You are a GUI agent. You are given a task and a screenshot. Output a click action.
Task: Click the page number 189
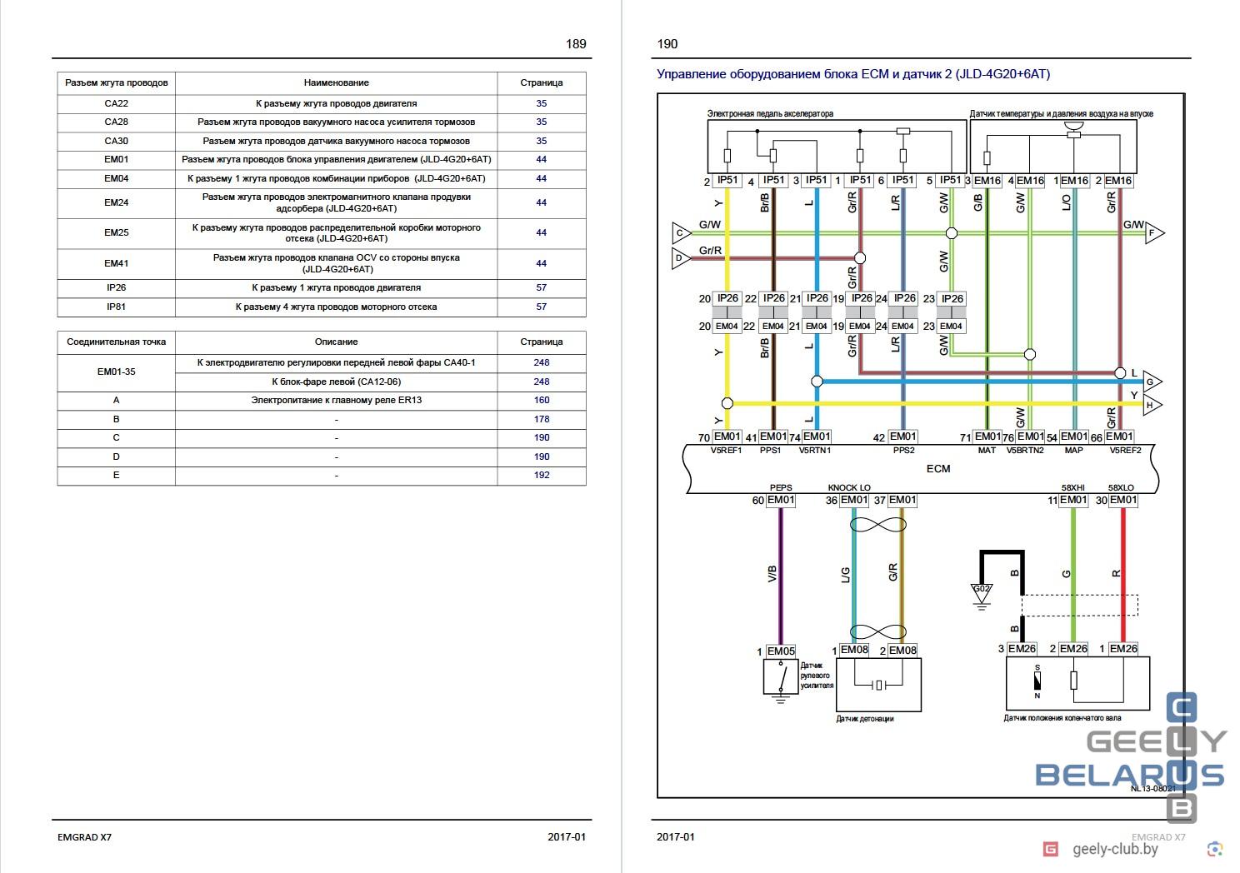pos(576,43)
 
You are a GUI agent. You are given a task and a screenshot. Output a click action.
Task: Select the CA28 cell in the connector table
pos(117,122)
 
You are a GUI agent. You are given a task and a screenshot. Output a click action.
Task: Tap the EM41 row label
pos(117,263)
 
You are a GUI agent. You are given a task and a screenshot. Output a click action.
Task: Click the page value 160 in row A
pos(542,400)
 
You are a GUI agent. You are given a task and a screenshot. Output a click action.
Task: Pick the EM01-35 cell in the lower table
pos(117,372)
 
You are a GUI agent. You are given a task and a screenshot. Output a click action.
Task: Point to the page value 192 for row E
pos(542,475)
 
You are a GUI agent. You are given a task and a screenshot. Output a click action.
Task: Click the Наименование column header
pos(336,83)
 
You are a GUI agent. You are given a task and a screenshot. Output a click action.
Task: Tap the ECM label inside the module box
pos(938,469)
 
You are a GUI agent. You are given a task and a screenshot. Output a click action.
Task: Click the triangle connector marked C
pos(681,233)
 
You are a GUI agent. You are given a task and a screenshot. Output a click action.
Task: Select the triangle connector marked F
pos(1153,233)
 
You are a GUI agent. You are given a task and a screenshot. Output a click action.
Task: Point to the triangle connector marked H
pos(1152,405)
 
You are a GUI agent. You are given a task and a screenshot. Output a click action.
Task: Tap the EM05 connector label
pos(781,651)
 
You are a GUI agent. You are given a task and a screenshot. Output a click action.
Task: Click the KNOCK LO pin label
pos(849,488)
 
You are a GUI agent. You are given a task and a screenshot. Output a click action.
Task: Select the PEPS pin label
pos(781,488)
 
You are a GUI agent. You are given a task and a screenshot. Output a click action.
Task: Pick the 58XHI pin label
pos(1072,488)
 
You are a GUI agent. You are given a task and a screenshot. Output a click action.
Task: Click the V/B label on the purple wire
pos(772,574)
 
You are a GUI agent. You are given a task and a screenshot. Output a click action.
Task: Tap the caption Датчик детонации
pos(865,719)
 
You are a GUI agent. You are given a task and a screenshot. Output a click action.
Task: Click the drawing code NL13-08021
pos(1153,788)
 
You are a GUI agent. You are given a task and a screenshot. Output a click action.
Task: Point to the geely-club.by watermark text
pos(1115,849)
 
